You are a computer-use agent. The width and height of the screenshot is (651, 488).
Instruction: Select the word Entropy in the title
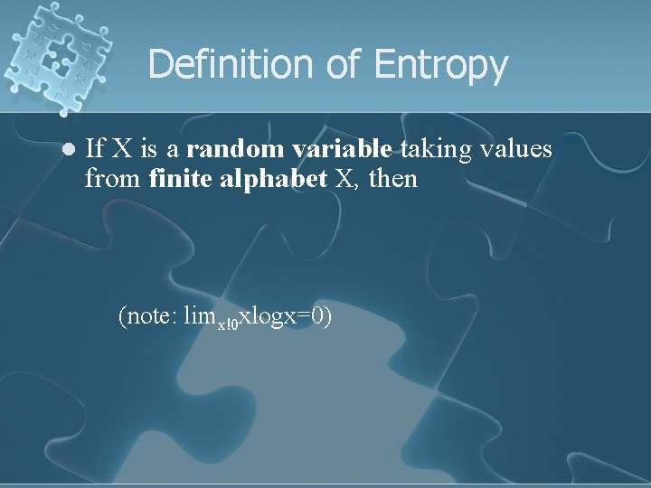440,66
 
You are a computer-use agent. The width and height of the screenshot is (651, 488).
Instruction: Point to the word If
93,148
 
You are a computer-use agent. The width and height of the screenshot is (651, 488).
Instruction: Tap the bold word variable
342,148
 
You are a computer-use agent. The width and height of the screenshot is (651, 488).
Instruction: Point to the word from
112,179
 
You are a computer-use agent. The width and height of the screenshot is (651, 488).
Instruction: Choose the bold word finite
181,179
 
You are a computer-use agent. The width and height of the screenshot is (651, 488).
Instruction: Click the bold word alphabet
272,179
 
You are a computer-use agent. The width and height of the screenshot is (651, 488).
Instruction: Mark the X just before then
345,179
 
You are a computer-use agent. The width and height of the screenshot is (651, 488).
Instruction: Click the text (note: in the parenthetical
147,315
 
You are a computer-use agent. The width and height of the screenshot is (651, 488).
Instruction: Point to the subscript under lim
228,323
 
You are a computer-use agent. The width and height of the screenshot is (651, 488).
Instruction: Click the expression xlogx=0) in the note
286,315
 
